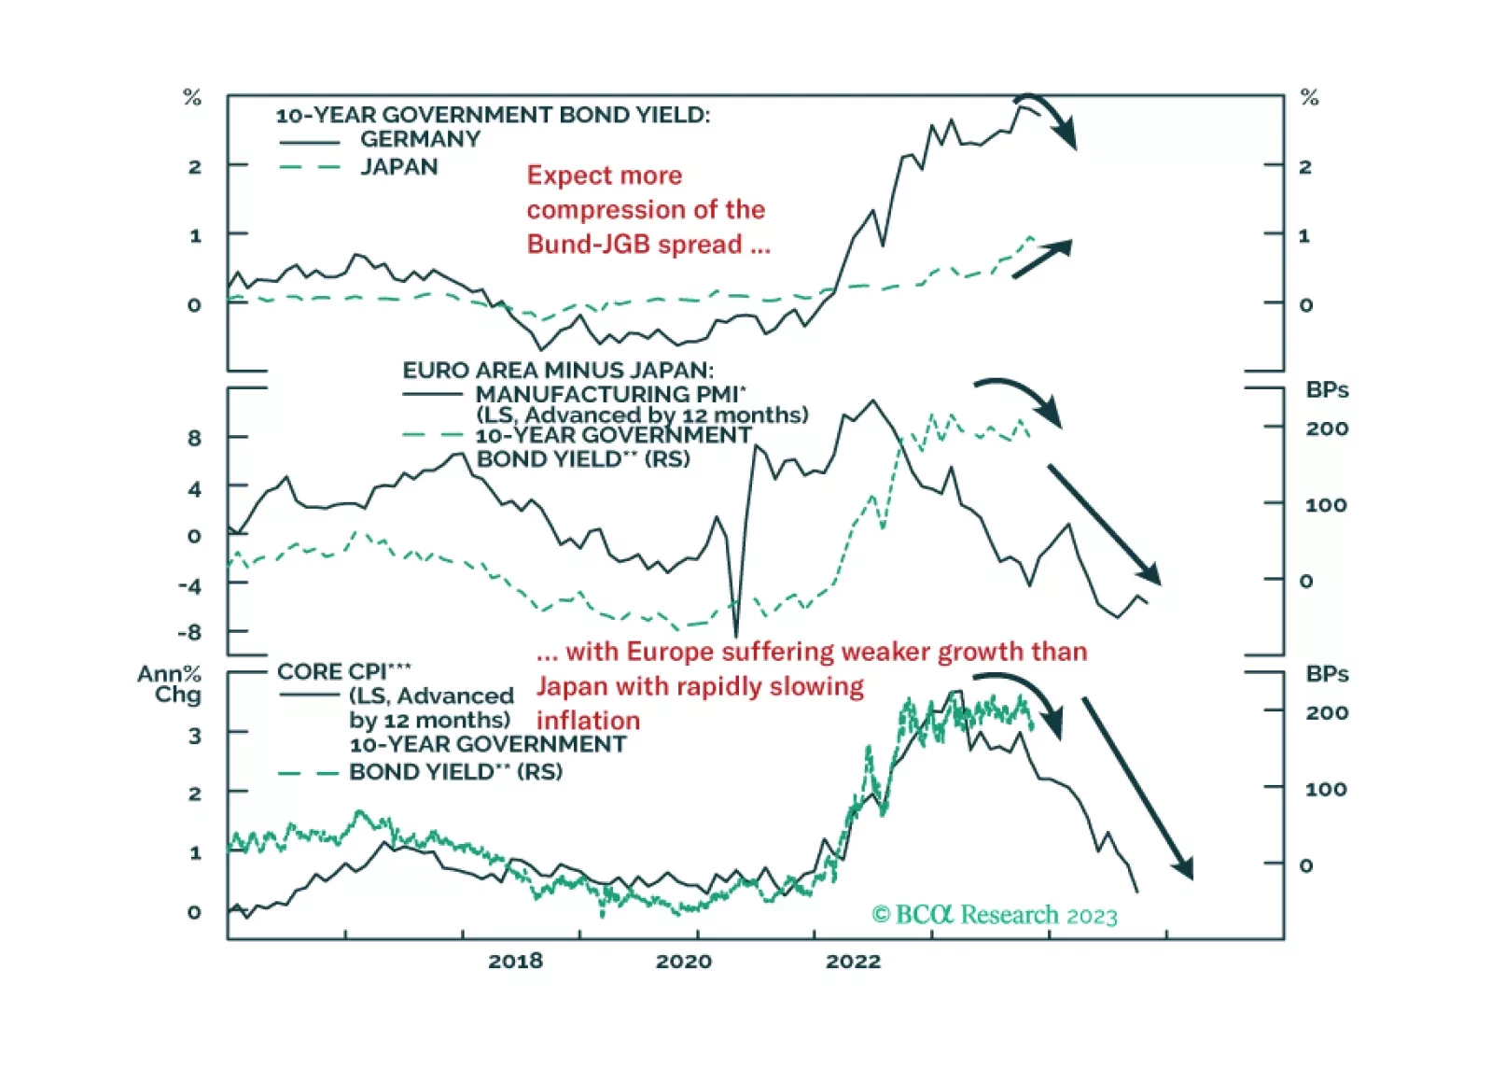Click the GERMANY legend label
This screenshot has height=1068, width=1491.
point(420,139)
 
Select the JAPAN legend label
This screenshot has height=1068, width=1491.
point(398,167)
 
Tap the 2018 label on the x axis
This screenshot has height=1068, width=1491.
point(515,962)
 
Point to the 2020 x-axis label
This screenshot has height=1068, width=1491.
point(683,962)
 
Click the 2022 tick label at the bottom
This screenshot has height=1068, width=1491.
point(853,962)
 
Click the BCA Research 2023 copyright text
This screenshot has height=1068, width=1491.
point(994,915)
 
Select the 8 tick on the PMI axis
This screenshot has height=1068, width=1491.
point(194,438)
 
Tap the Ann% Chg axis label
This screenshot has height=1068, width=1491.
point(170,684)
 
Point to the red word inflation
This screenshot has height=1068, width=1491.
point(588,721)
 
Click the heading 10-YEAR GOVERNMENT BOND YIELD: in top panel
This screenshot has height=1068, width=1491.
point(493,115)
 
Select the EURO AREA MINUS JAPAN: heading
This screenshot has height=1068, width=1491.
point(558,370)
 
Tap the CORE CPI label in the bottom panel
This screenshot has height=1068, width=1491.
point(343,671)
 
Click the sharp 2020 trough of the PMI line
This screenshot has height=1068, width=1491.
point(736,633)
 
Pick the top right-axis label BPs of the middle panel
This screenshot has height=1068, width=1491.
point(1327,390)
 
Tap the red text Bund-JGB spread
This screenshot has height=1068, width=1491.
point(634,245)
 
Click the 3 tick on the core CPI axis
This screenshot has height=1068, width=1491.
point(194,736)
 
